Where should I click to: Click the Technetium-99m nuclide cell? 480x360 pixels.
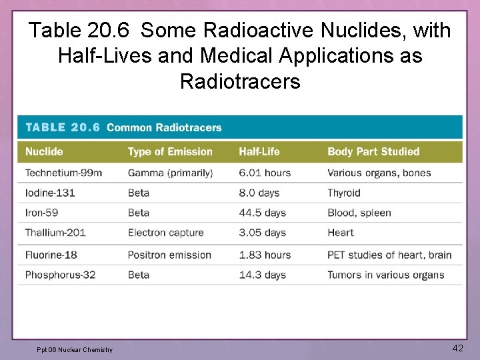(x=63, y=173)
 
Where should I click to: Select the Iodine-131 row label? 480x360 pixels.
(x=49, y=193)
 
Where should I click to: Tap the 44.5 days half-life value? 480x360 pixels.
(x=262, y=213)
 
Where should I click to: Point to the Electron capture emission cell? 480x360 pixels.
(x=165, y=233)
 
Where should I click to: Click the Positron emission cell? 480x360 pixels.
(x=169, y=255)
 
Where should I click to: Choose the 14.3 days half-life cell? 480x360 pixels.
(x=262, y=275)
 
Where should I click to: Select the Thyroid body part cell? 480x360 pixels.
(x=343, y=193)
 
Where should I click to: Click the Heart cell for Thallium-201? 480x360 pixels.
(x=340, y=233)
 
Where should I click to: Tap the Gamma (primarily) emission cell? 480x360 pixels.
(x=170, y=173)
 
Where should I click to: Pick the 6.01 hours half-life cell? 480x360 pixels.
(x=265, y=173)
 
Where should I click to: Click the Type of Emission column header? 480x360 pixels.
(x=170, y=151)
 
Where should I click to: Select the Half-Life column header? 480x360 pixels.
(x=259, y=151)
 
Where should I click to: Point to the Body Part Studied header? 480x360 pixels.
(x=373, y=151)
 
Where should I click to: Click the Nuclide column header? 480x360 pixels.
(x=44, y=151)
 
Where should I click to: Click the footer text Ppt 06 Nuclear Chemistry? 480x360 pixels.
(x=75, y=349)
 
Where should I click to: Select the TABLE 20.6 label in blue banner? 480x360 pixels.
(x=62, y=127)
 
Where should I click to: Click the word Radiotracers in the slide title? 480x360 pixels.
(x=240, y=81)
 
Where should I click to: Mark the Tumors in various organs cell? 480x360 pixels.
(x=385, y=275)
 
